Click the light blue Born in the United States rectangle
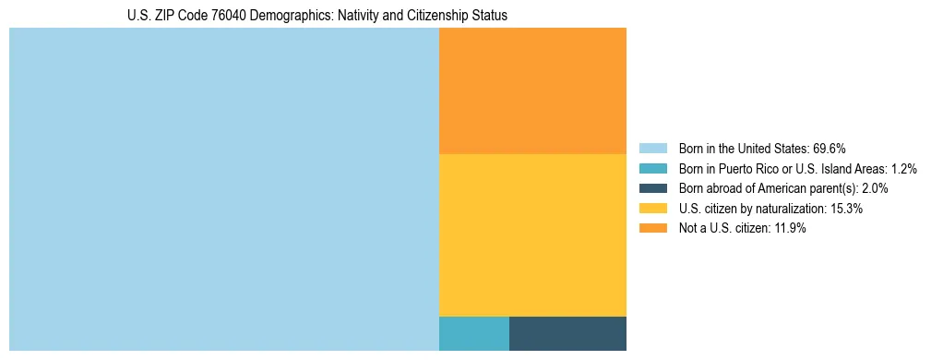point(224,189)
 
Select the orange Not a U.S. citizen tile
point(532,90)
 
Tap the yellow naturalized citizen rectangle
point(532,234)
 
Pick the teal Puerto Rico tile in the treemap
point(473,333)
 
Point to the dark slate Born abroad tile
point(567,333)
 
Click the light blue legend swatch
point(652,149)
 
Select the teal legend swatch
point(652,169)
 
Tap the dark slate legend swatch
point(652,188)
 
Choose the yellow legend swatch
point(652,209)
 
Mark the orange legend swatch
point(652,229)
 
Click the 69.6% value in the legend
point(830,149)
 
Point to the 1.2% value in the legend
point(903,169)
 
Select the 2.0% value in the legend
point(874,188)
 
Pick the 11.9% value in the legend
point(790,229)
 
